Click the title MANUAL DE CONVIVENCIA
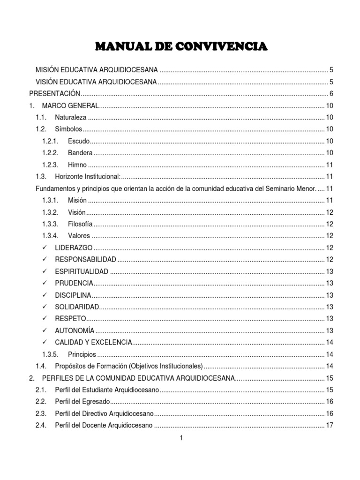point(181,46)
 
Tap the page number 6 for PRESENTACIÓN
point(331,93)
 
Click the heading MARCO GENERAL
point(70,105)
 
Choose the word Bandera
point(80,152)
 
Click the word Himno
point(77,165)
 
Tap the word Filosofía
point(80,224)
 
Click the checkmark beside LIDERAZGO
point(45,247)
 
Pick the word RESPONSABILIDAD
point(85,259)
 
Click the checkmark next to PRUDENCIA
point(45,283)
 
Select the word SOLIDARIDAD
point(77,307)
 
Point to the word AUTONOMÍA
point(75,330)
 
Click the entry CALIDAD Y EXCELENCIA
point(93,342)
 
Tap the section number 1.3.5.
point(50,354)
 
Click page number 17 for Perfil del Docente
point(329,425)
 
